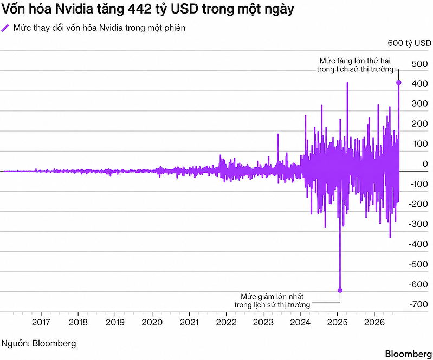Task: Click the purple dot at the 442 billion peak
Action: [x=398, y=82]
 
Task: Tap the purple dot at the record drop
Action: [x=340, y=290]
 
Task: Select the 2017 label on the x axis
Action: [x=41, y=322]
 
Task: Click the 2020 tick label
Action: [x=152, y=322]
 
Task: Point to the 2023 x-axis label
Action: [x=263, y=322]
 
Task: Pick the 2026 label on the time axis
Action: [x=374, y=322]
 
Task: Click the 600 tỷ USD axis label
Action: [x=410, y=43]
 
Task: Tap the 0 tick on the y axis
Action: [x=425, y=164]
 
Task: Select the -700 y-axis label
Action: [x=419, y=304]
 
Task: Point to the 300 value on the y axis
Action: [x=420, y=104]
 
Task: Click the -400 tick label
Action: [x=419, y=244]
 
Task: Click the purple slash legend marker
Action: [x=5, y=28]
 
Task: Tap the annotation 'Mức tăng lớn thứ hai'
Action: [x=355, y=61]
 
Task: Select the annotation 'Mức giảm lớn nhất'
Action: [x=272, y=297]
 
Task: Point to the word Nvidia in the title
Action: [x=74, y=9]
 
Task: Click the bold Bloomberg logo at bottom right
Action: [x=409, y=354]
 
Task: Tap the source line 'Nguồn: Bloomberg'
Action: [x=38, y=344]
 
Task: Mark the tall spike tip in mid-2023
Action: [x=278, y=134]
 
